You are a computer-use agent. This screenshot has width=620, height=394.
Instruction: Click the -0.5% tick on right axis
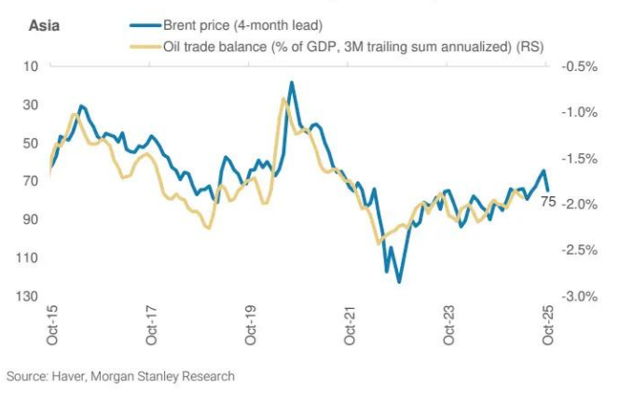pyautogui.click(x=576, y=66)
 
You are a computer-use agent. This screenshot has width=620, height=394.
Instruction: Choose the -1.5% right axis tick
pyautogui.click(x=576, y=159)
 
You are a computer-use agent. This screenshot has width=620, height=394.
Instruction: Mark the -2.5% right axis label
pyautogui.click(x=576, y=250)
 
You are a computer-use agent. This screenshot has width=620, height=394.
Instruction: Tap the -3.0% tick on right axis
pyautogui.click(x=576, y=297)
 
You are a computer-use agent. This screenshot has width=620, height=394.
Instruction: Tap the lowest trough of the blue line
pyautogui.click(x=399, y=281)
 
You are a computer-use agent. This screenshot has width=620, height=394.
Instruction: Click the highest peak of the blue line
pyautogui.click(x=292, y=82)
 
